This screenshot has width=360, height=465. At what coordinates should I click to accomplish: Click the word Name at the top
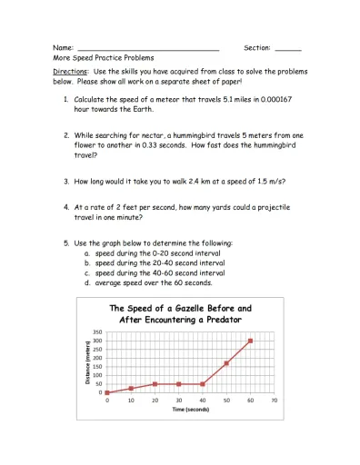coord(62,46)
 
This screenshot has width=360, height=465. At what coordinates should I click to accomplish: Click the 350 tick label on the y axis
coord(96,333)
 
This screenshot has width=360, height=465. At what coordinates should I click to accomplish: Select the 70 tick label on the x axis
coord(274,400)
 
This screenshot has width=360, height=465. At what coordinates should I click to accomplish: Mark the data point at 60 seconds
coord(250,341)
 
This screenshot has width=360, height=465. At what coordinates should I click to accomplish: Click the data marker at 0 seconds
coord(107,392)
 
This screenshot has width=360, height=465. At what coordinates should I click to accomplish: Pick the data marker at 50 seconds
coord(226,363)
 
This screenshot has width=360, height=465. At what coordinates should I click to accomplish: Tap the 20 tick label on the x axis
coord(155,400)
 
